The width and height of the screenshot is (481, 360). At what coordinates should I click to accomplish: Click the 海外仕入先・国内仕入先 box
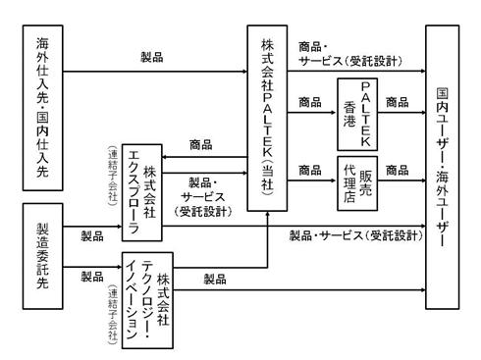[x=42, y=108]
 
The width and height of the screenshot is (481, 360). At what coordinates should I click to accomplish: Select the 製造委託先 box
[x=42, y=256]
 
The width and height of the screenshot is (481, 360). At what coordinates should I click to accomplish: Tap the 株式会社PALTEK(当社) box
[x=267, y=118]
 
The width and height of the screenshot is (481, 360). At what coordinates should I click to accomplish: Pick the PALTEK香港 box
[x=357, y=114]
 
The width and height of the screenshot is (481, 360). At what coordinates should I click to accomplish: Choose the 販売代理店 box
[x=357, y=183]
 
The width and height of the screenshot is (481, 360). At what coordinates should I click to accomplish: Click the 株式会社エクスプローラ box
[x=142, y=192]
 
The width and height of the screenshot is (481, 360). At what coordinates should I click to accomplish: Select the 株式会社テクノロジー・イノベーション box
[x=147, y=300]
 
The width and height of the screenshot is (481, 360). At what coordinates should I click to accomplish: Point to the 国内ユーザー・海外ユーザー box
[x=443, y=167]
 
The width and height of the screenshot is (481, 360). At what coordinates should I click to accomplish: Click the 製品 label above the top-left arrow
[x=152, y=57]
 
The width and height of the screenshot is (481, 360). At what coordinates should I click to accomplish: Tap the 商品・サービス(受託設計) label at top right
[x=350, y=54]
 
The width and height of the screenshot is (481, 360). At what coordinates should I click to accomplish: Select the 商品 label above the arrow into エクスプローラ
[x=201, y=144]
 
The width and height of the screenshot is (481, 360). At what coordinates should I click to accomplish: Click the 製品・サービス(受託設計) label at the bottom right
[x=356, y=235]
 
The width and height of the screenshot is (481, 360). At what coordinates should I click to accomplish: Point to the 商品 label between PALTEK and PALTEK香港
[x=310, y=102]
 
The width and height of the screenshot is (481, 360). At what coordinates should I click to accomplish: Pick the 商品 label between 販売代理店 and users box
[x=398, y=170]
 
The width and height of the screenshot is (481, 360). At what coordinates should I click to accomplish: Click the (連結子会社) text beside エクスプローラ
[x=113, y=176]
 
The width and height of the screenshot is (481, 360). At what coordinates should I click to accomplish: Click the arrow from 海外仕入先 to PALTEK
[x=155, y=72]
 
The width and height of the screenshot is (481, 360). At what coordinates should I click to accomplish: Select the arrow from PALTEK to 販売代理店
[x=312, y=180]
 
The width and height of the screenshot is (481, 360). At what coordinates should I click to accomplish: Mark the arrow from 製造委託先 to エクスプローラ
[x=92, y=227]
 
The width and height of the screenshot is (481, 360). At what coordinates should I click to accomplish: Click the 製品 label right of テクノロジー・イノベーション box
[x=215, y=279]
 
